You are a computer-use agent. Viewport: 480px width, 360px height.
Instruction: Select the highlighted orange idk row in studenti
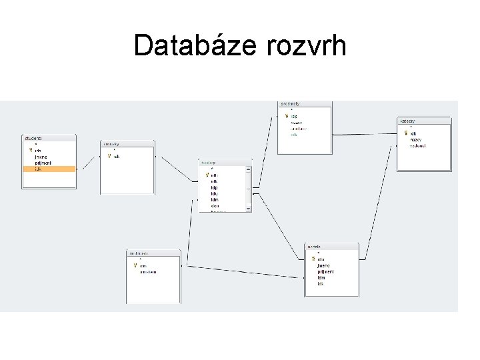click(x=49, y=169)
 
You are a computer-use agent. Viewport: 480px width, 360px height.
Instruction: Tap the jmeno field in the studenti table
click(x=41, y=157)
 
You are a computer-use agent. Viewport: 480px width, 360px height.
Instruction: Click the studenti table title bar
click(x=49, y=138)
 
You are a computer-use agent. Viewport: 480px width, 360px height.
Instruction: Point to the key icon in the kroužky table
click(x=109, y=157)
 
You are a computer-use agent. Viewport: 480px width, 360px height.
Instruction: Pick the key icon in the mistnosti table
click(x=135, y=265)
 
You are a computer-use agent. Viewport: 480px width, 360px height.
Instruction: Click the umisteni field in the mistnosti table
click(x=149, y=271)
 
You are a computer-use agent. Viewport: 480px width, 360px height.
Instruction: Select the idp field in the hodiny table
click(x=214, y=187)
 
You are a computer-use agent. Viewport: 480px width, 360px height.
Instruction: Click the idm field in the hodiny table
click(x=215, y=199)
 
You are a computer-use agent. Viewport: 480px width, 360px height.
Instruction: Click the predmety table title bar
click(x=305, y=104)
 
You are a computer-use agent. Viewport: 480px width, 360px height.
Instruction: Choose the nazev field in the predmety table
click(x=297, y=122)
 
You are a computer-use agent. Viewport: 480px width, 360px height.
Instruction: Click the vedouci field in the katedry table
click(x=418, y=145)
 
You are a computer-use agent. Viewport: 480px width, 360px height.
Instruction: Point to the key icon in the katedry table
click(x=406, y=133)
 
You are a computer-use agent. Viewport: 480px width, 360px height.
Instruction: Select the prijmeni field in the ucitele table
click(x=325, y=271)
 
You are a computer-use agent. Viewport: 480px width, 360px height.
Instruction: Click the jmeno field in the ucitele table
click(x=323, y=265)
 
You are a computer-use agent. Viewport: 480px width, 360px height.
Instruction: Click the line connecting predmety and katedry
click(x=365, y=135)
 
